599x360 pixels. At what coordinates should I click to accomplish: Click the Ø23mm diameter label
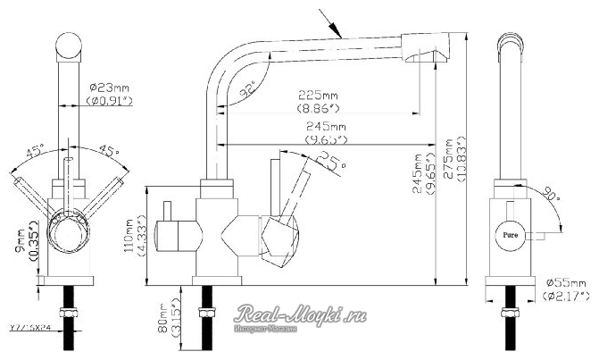point(111,88)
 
